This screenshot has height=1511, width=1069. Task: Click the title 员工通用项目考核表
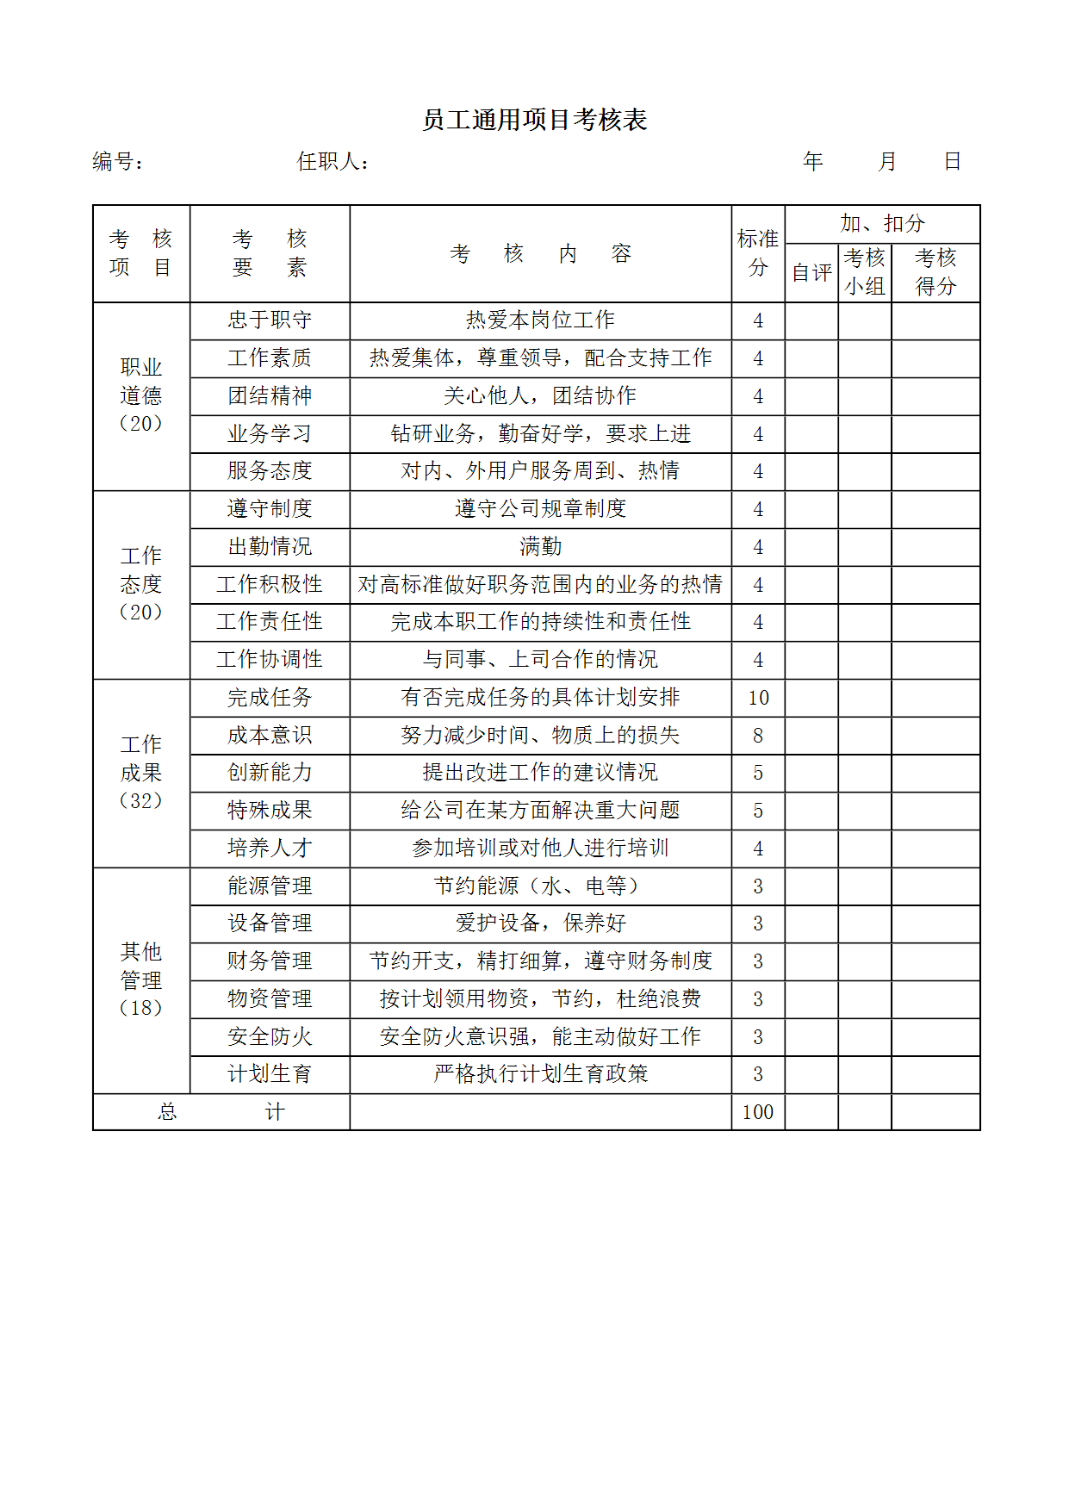534,120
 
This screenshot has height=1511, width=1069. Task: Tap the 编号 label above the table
117,161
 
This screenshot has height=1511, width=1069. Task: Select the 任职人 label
333,161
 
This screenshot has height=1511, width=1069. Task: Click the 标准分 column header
758,253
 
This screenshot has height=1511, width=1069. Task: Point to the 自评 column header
811,272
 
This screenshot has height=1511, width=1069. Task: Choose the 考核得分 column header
935,272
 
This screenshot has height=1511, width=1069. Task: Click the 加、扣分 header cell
882,224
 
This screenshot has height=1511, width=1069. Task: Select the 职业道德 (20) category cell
141,395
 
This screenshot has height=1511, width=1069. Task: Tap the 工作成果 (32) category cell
141,773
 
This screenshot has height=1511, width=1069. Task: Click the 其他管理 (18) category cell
141,979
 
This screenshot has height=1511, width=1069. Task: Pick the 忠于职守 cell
270,320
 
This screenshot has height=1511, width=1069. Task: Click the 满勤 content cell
540,547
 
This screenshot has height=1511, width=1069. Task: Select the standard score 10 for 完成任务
758,698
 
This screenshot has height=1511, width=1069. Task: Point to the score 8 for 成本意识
758,736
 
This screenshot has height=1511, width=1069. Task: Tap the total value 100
758,1112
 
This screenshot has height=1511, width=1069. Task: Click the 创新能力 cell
270,773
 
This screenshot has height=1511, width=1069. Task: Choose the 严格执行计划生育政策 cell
540,1074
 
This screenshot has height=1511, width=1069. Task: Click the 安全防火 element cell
270,1037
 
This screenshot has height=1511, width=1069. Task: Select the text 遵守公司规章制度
540,509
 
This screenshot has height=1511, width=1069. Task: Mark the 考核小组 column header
865,272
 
